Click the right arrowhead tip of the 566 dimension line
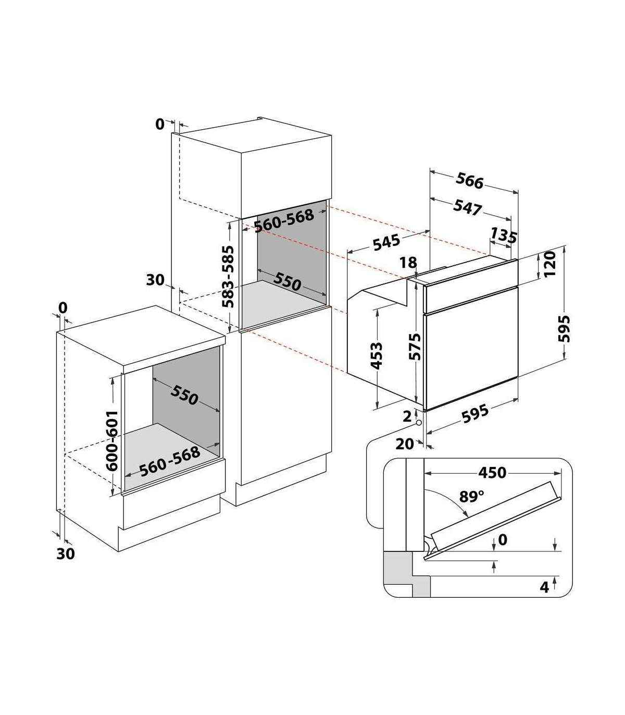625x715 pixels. click(x=518, y=192)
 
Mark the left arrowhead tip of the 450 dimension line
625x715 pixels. click(x=424, y=473)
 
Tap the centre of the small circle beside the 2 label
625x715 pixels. click(x=419, y=423)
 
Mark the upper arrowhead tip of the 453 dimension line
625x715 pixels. click(x=378, y=310)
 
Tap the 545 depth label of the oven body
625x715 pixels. click(x=386, y=242)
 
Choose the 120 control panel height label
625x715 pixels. click(x=549, y=264)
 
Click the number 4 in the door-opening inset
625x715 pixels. click(x=544, y=587)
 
